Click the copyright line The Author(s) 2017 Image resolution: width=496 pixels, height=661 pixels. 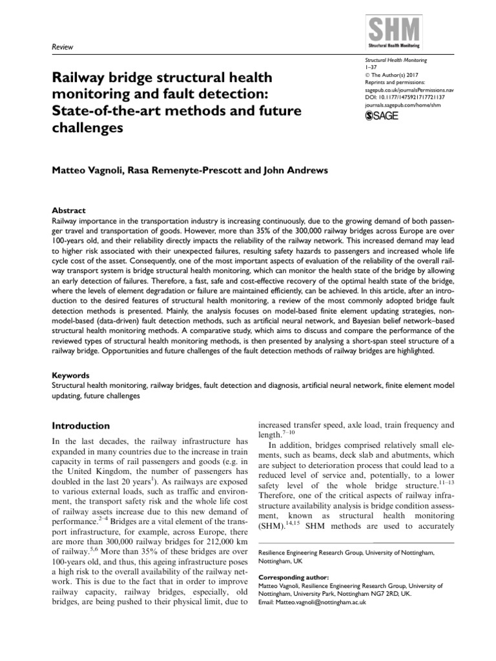(x=397, y=75)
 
